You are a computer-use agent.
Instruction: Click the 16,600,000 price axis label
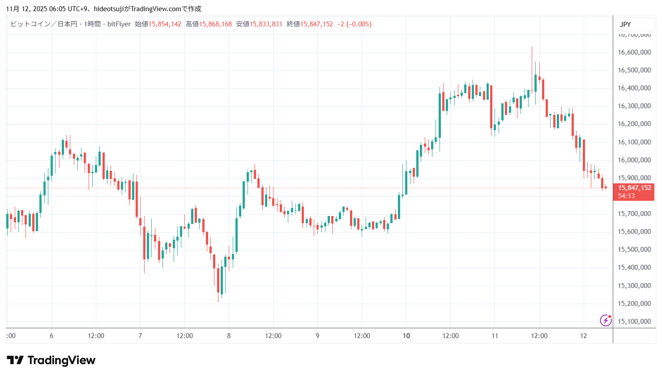click(x=634, y=52)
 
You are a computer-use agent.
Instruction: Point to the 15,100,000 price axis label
click(x=634, y=322)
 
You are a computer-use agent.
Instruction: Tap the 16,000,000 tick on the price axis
click(x=634, y=160)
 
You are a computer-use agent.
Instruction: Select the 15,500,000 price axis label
click(x=634, y=250)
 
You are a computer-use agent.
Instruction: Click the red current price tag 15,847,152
click(x=634, y=188)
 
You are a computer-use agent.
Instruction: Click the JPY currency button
click(x=625, y=25)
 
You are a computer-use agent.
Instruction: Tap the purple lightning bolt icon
click(x=606, y=320)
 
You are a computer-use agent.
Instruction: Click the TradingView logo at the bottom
click(x=51, y=360)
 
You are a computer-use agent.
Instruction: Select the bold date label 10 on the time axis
click(x=406, y=336)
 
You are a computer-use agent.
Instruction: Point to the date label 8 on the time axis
click(x=229, y=336)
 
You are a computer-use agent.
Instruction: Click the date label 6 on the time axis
click(x=51, y=336)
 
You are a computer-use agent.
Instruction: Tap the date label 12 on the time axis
click(x=583, y=336)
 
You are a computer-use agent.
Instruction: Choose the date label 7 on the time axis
click(x=140, y=336)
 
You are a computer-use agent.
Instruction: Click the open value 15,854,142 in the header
click(x=165, y=24)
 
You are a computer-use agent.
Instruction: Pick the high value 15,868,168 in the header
click(x=215, y=24)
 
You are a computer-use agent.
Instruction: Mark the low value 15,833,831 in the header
click(x=266, y=24)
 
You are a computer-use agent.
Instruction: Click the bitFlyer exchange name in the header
click(x=119, y=24)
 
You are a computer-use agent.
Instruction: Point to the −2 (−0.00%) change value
click(x=354, y=24)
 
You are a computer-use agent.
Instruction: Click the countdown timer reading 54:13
click(x=626, y=196)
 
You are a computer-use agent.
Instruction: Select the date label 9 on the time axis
click(x=317, y=336)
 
